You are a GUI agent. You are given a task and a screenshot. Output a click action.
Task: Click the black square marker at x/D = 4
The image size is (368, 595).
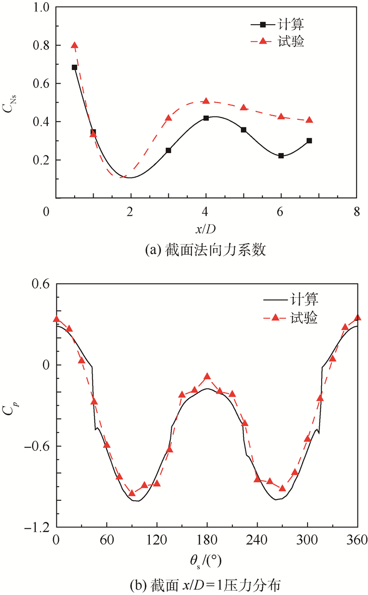(x=206, y=118)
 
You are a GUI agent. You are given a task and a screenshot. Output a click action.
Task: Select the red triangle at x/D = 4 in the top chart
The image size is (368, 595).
(x=206, y=101)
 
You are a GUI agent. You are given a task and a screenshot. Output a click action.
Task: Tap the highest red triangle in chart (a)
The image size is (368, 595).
(x=75, y=46)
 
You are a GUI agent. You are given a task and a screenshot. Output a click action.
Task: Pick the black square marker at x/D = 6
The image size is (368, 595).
(x=281, y=156)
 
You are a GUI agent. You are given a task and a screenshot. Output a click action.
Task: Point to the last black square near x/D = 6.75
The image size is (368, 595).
(x=309, y=140)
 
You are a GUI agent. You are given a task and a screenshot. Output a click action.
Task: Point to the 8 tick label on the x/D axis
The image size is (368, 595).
(x=356, y=211)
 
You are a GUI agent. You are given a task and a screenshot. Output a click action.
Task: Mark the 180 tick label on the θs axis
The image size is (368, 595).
(x=207, y=540)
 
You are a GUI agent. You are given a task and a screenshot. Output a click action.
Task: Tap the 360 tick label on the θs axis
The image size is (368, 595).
(x=357, y=540)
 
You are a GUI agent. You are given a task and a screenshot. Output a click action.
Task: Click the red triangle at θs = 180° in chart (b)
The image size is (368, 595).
(x=207, y=377)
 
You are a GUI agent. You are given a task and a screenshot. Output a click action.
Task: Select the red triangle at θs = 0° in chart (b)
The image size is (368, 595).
(x=56, y=319)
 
